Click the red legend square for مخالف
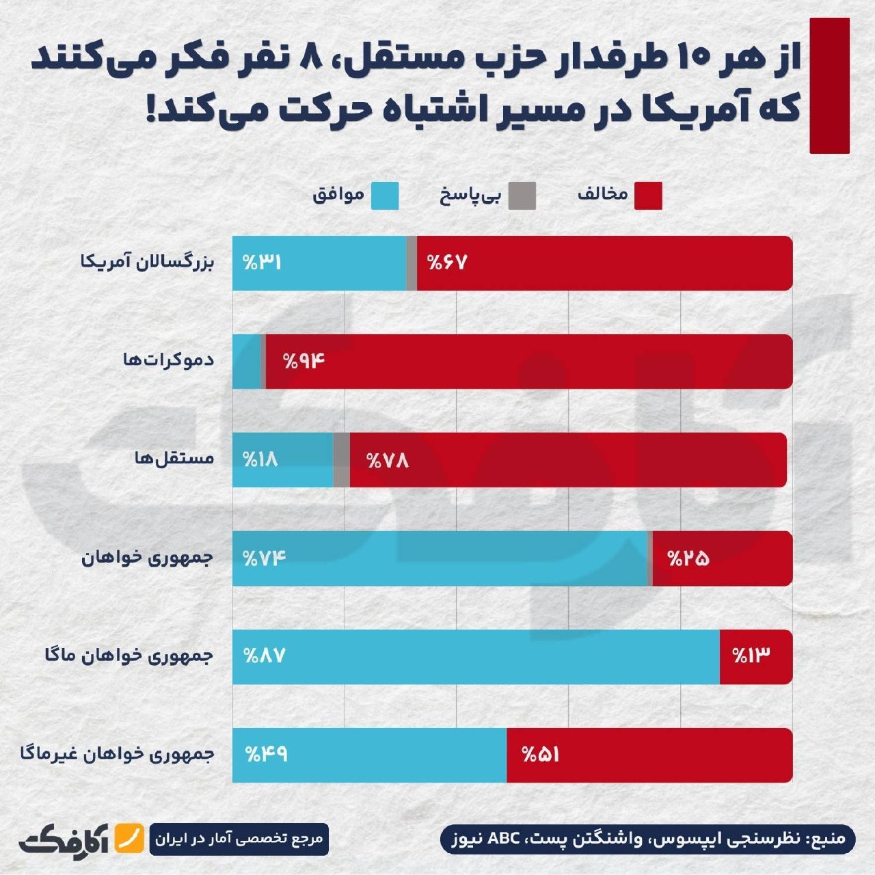click(648, 196)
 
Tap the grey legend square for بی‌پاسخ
click(522, 196)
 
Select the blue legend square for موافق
click(385, 196)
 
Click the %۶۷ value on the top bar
click(447, 263)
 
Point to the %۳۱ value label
click(262, 263)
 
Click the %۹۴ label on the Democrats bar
click(305, 362)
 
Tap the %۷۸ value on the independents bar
click(388, 461)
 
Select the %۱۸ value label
click(260, 459)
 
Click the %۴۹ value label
click(267, 755)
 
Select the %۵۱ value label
click(541, 755)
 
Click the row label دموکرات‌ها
click(168, 360)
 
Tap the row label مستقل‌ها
click(174, 458)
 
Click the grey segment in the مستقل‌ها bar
click(342, 460)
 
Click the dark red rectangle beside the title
click(830, 86)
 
